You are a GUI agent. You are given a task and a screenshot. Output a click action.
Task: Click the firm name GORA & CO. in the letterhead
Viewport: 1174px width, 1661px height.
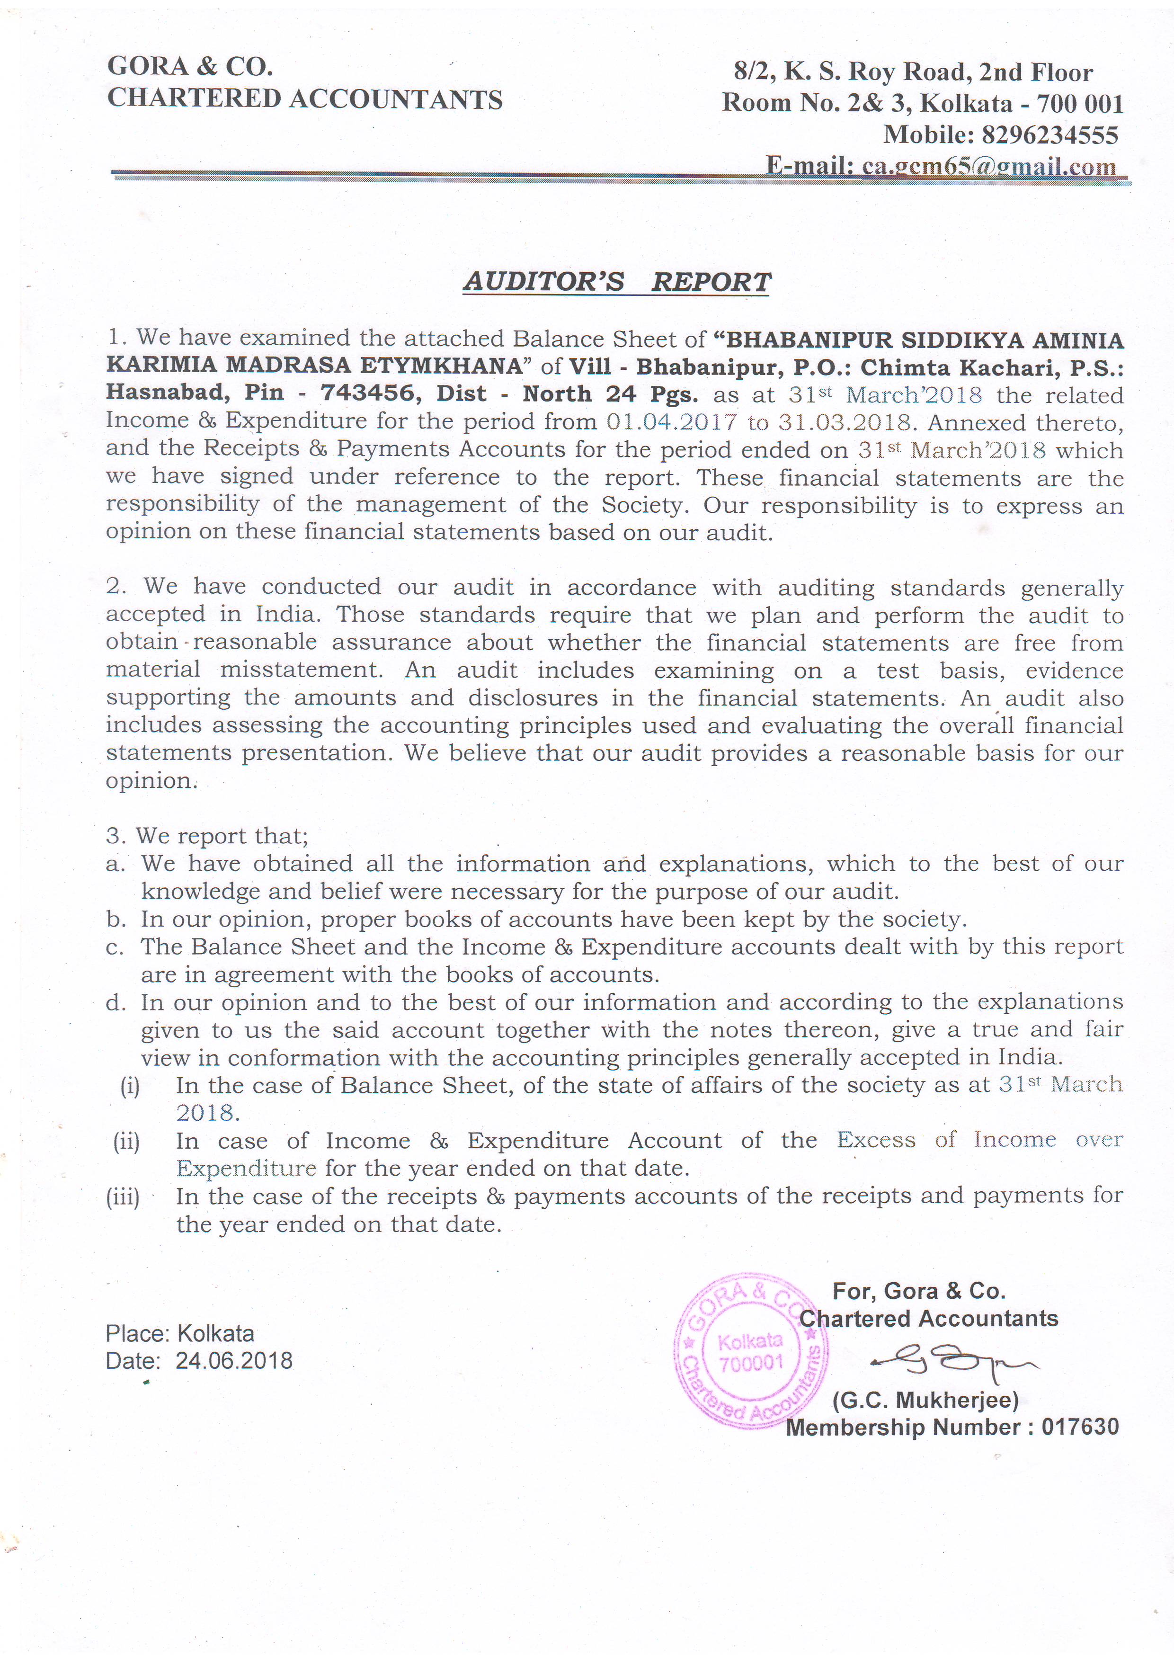(189, 67)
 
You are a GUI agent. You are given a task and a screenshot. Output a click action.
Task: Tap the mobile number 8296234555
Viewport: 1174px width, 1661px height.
(1049, 135)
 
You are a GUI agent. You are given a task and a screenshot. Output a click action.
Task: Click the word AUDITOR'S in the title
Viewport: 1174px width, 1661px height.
(543, 281)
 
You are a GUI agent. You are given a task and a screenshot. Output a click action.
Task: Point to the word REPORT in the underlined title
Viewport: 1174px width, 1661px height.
(711, 281)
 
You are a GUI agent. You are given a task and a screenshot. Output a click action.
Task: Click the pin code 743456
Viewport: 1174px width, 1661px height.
(367, 393)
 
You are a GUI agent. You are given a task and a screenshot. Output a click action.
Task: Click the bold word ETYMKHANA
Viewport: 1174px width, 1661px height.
(447, 366)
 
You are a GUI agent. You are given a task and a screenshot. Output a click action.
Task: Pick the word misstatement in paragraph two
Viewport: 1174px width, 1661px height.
(300, 670)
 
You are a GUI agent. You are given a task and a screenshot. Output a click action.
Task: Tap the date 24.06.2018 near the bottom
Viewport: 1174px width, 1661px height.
(234, 1361)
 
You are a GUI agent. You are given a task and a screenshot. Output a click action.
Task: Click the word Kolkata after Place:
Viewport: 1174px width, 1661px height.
(215, 1333)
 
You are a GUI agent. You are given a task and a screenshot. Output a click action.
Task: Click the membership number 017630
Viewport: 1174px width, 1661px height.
(1079, 1427)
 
